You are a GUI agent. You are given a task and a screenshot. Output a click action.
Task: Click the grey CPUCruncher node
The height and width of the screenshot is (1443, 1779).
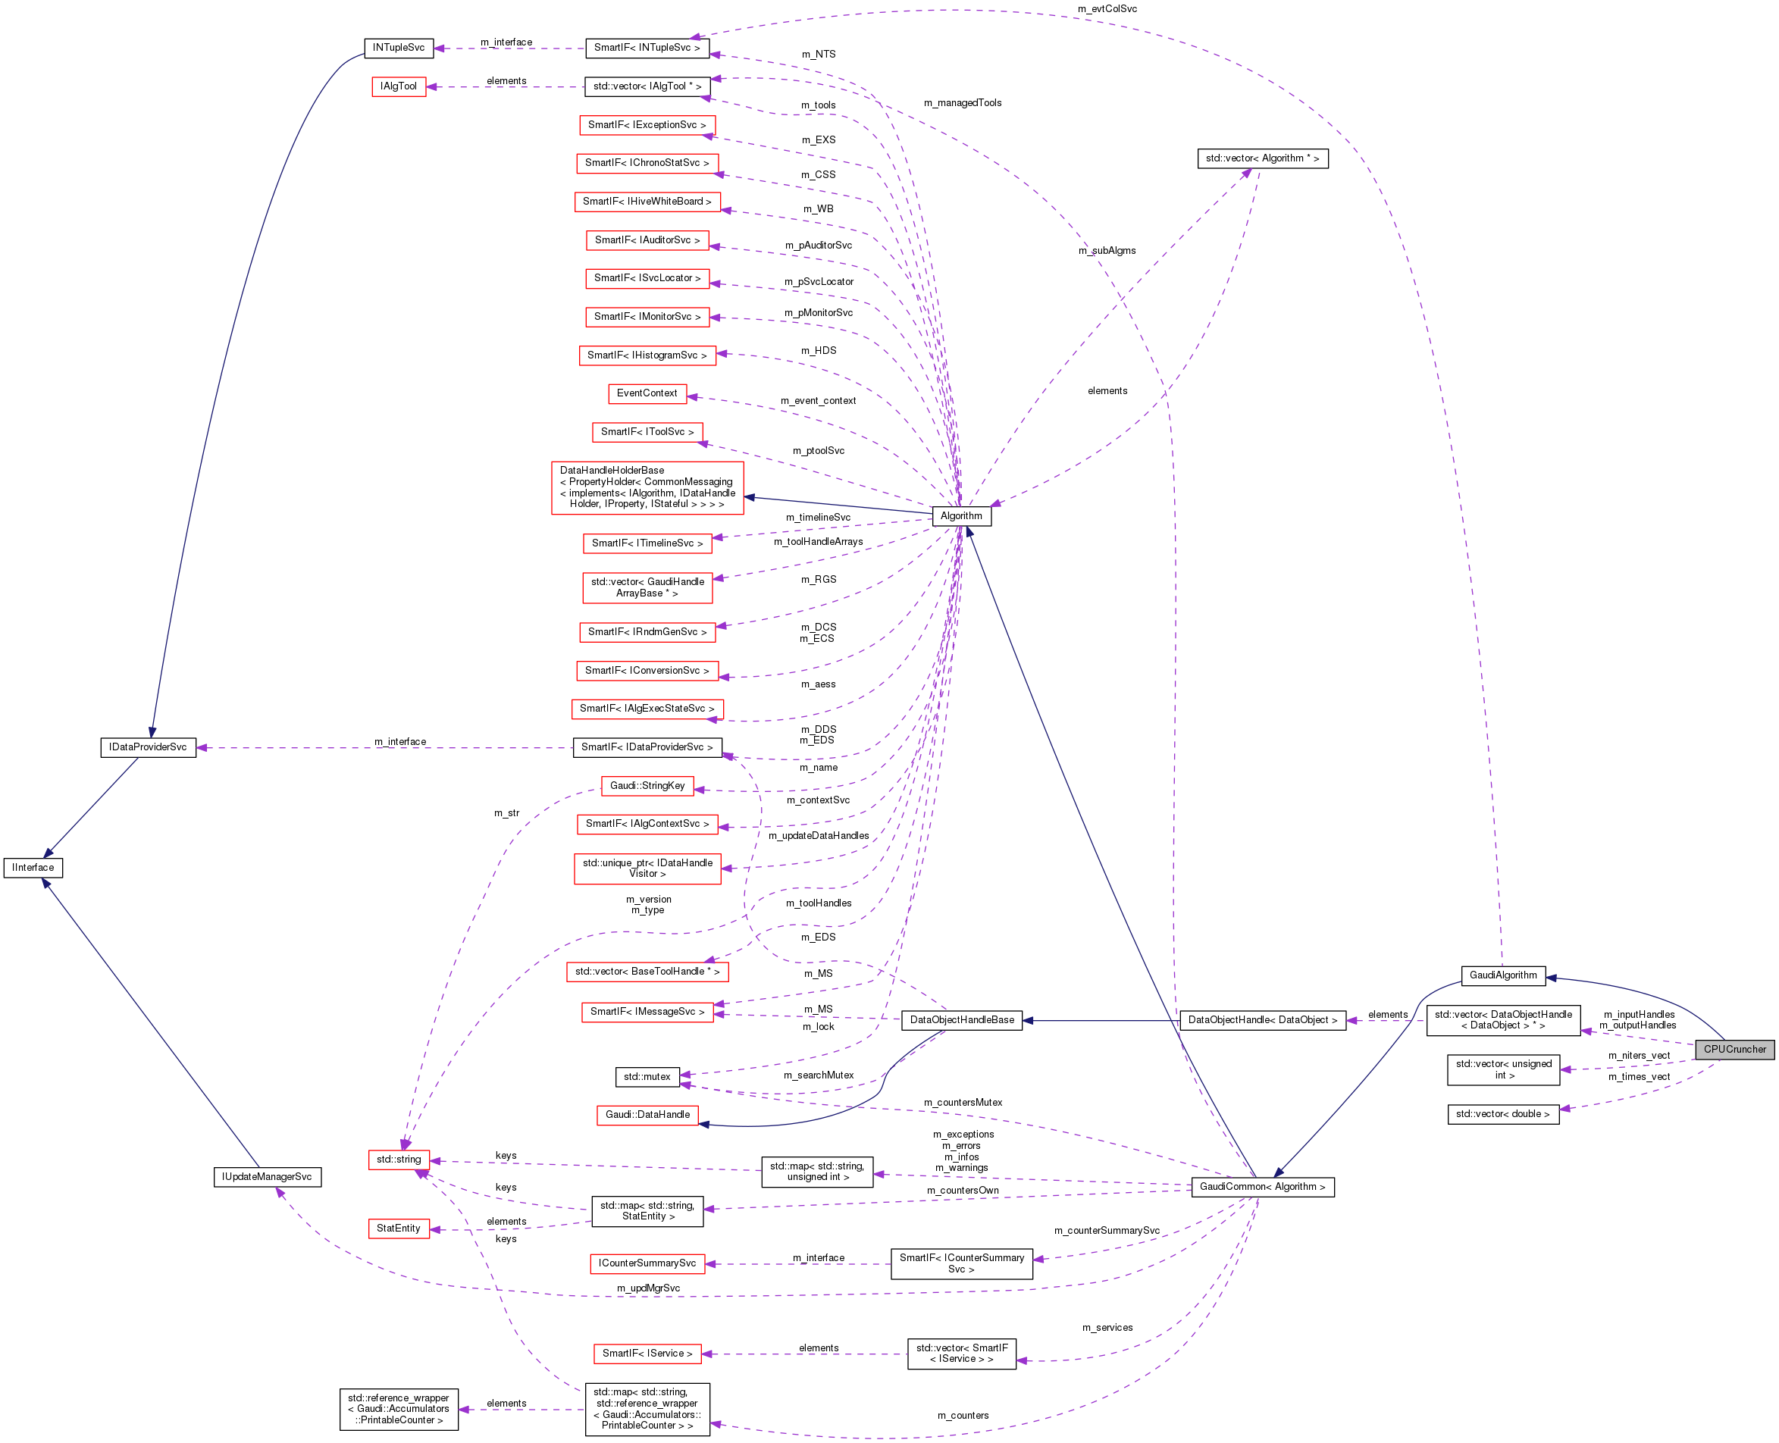tap(1734, 1049)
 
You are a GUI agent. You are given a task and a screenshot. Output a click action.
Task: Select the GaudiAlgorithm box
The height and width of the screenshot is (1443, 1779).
tap(1502, 975)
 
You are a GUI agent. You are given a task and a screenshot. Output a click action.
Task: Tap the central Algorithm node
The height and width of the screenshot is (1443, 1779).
tap(960, 515)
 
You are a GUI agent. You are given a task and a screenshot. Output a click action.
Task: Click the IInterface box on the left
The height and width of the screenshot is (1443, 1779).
tap(33, 867)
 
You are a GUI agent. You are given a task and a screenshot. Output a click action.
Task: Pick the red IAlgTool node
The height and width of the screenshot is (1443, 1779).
tap(398, 86)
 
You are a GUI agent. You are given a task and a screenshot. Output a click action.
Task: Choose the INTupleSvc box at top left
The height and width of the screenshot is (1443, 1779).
tap(398, 48)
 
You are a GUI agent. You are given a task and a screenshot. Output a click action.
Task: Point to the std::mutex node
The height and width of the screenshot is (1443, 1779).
tap(647, 1076)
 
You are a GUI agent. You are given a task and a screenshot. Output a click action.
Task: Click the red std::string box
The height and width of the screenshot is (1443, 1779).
tap(398, 1159)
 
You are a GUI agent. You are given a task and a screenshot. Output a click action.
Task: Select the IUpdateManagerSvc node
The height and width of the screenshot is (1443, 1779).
tap(267, 1176)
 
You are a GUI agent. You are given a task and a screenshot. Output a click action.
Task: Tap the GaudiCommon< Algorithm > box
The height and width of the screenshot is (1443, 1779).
tap(1262, 1186)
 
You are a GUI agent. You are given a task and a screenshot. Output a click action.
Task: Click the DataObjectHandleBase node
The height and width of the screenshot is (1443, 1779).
tap(961, 1020)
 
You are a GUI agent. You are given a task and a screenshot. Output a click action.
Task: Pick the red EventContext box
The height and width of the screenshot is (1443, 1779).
tap(647, 393)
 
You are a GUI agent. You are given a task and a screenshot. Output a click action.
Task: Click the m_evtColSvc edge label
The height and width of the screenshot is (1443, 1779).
tap(1107, 9)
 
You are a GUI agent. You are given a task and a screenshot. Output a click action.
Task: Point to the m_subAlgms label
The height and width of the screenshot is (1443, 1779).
tap(1107, 250)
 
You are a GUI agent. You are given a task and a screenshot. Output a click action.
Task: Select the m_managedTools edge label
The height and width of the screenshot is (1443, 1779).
tap(962, 103)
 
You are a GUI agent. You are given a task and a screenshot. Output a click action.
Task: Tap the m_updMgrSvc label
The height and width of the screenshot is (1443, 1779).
tap(647, 1288)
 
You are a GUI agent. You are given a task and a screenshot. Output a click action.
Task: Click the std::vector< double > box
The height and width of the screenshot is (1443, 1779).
tap(1502, 1114)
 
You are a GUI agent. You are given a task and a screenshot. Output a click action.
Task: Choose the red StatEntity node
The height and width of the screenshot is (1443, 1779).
tap(398, 1228)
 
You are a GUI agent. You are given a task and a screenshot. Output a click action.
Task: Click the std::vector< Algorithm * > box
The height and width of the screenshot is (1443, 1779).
tap(1262, 158)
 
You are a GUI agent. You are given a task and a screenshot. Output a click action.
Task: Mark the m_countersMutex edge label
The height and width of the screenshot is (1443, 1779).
tap(962, 1102)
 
